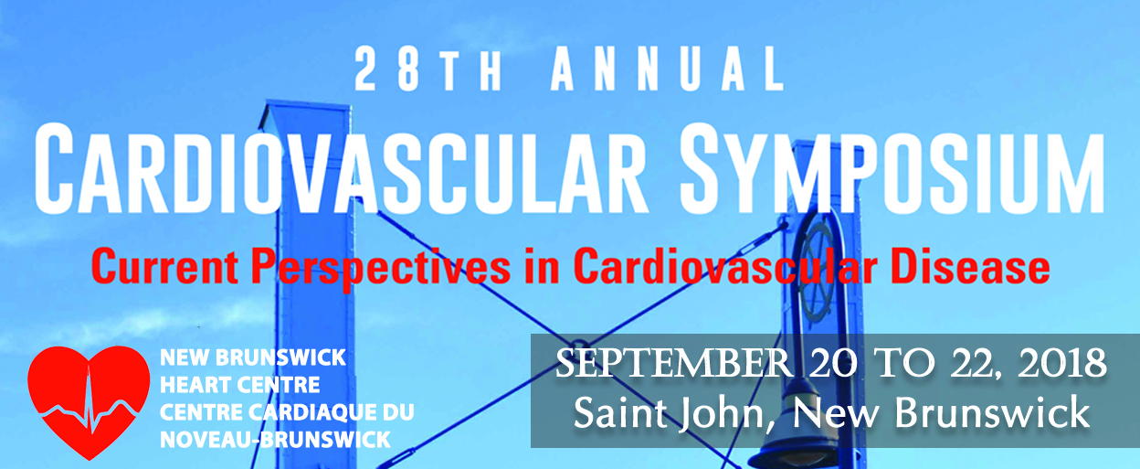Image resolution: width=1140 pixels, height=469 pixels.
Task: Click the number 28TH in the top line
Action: tap(428, 69)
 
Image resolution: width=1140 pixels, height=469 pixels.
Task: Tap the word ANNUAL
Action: tap(668, 69)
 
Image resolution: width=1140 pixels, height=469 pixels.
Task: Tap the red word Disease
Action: tap(970, 266)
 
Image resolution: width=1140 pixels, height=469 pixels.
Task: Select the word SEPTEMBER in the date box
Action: tap(673, 364)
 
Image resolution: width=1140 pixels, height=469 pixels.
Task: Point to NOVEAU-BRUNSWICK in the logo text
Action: tap(275, 440)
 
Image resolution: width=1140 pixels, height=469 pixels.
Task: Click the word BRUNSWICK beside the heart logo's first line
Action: tap(281, 357)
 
